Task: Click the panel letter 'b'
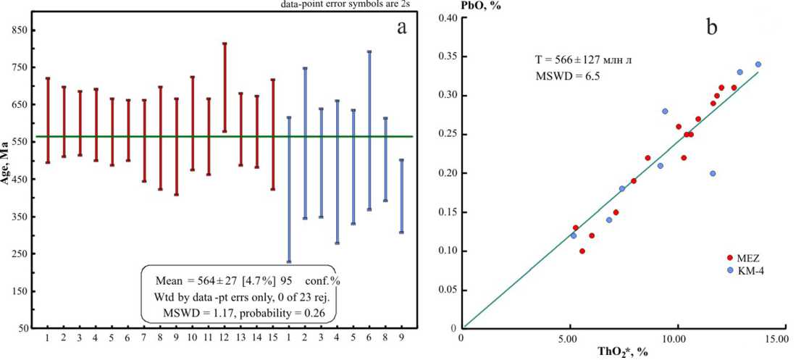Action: (x=713, y=28)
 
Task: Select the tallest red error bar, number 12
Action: (x=225, y=88)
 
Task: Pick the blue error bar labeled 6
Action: (x=369, y=130)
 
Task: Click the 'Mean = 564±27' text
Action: (x=199, y=280)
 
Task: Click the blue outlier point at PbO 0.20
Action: (x=713, y=173)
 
